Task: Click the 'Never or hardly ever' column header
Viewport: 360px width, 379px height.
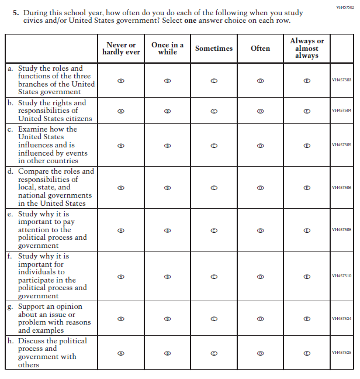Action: click(121, 49)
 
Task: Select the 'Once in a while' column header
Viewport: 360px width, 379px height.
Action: click(167, 49)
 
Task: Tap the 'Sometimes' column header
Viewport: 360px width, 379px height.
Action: click(214, 49)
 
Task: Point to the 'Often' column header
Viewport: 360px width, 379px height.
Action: click(260, 49)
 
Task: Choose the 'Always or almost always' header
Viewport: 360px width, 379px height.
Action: click(307, 48)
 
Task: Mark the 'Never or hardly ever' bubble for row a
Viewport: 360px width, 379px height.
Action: click(121, 80)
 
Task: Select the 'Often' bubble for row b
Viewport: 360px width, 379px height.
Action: click(260, 111)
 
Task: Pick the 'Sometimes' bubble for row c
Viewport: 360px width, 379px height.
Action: click(214, 144)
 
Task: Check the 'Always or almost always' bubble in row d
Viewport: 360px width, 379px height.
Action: click(307, 188)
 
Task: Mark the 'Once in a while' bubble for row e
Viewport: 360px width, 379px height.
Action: click(167, 230)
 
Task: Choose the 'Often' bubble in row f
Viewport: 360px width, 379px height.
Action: click(260, 276)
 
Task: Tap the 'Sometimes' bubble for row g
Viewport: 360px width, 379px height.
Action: click(214, 319)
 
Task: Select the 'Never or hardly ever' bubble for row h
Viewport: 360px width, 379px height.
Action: click(121, 353)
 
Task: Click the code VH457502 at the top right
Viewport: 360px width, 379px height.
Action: click(345, 7)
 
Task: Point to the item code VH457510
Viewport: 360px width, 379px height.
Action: click(341, 276)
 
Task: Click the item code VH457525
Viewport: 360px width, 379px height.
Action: click(341, 353)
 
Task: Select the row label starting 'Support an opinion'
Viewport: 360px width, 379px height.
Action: click(50, 318)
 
